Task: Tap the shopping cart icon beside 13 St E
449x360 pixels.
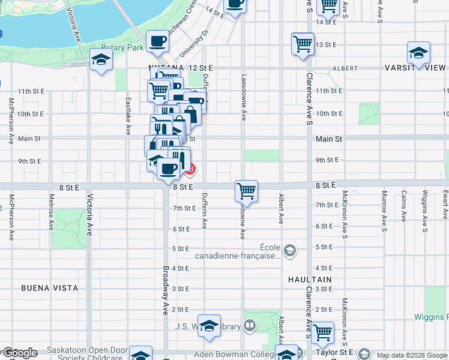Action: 303,44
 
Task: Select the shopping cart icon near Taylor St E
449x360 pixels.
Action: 323,332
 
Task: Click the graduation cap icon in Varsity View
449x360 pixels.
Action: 418,53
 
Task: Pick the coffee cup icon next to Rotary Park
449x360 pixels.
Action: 157,41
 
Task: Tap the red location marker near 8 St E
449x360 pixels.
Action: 190,170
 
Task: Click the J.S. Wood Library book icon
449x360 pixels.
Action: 250,326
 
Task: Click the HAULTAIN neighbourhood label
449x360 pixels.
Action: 309,280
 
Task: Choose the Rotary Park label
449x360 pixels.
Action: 122,47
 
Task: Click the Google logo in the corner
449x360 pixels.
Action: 20,353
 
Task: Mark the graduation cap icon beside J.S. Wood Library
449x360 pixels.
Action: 209,325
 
